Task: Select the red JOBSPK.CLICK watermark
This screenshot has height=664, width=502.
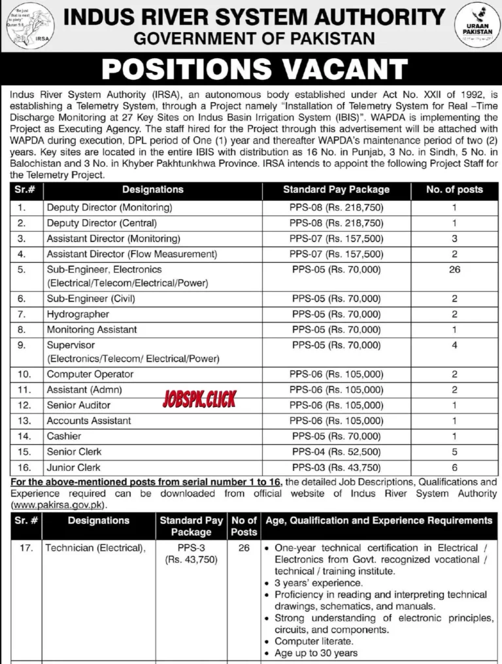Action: (x=198, y=397)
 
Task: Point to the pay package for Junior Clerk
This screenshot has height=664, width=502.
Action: (x=336, y=468)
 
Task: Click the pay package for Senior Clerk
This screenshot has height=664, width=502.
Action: (x=336, y=452)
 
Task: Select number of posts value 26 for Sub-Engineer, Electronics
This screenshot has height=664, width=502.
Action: (x=454, y=270)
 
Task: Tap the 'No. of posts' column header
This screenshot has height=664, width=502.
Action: (x=454, y=190)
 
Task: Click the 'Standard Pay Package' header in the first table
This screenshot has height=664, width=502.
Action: (x=336, y=190)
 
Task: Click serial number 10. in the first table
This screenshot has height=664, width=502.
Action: (x=22, y=374)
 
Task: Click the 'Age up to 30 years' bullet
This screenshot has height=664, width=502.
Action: (x=316, y=653)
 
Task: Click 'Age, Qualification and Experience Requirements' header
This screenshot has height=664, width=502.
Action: (x=378, y=521)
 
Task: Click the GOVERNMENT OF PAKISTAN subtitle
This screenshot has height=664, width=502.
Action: (x=254, y=39)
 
